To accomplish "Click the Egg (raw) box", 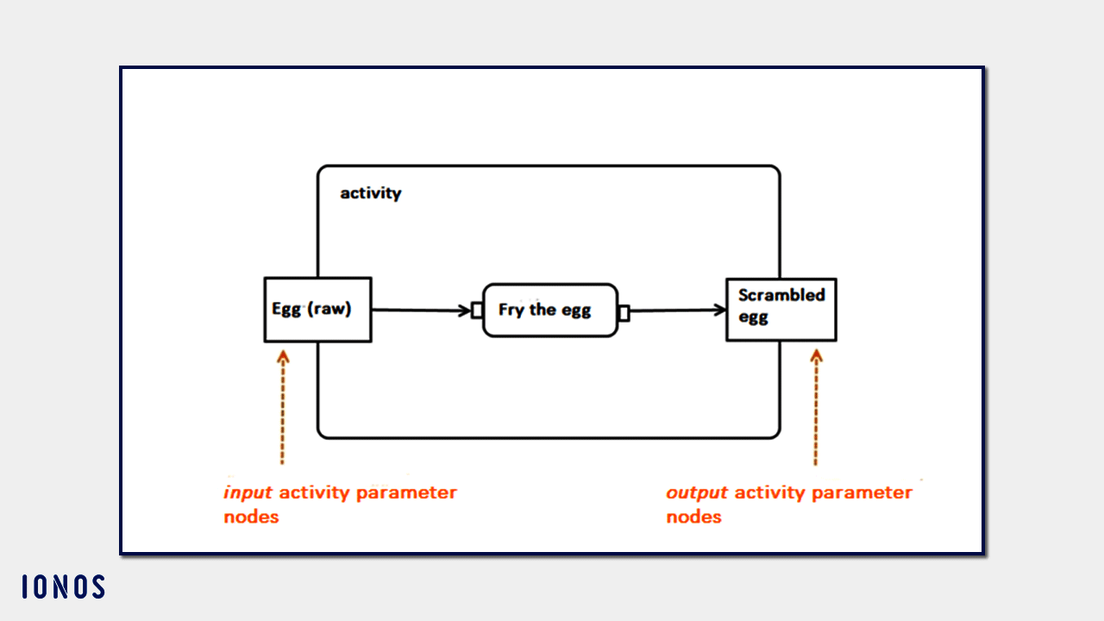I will pos(317,310).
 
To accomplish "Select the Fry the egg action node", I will pos(549,310).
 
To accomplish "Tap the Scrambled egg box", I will pos(781,310).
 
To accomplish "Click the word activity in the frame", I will pos(371,193).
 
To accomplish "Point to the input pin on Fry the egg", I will pos(476,310).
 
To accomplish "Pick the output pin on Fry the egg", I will pos(624,312).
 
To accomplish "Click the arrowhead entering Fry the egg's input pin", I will pos(465,310).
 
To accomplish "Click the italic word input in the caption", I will pos(248,493).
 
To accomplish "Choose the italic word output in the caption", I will pos(697,493).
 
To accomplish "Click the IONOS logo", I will pos(63,587).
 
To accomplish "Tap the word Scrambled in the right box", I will pos(781,295).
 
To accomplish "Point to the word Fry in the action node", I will pos(511,310).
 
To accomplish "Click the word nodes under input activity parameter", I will pos(251,517).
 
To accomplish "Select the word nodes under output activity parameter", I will pos(693,517).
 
